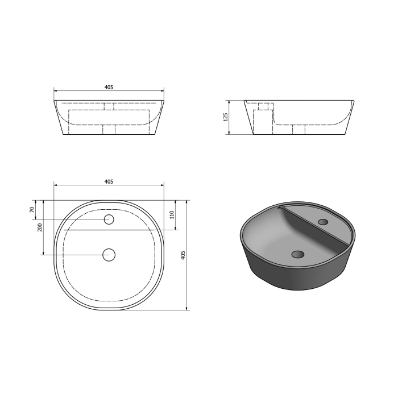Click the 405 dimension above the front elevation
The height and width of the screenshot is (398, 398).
(109, 87)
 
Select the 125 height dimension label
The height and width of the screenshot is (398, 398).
(225, 117)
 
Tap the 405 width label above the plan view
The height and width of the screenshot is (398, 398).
(109, 182)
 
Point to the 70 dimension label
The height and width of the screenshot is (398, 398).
(32, 210)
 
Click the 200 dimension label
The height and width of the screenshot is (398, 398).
(40, 227)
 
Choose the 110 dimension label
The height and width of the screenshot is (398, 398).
(172, 215)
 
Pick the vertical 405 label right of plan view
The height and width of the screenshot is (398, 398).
(183, 255)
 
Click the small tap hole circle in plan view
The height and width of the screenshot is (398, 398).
(109, 219)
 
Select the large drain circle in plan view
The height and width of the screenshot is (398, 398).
(109, 255)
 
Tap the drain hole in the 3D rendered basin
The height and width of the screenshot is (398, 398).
(298, 254)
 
